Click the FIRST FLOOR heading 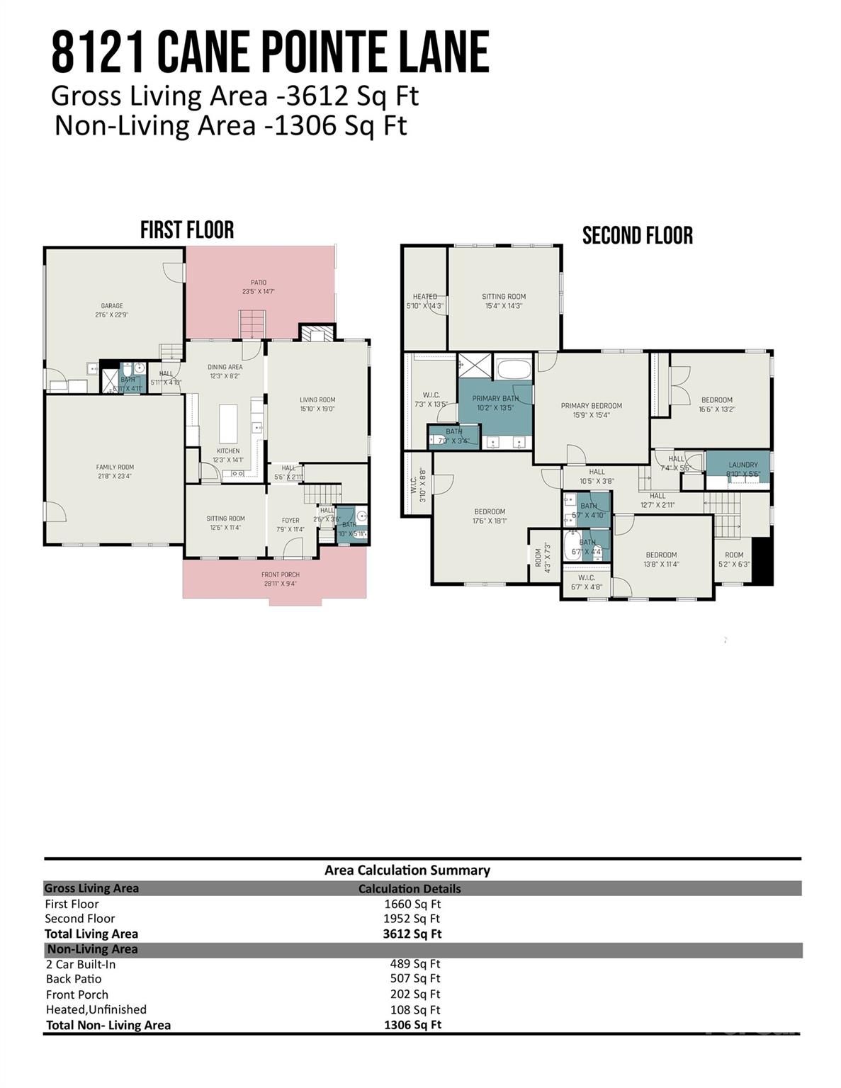tap(187, 230)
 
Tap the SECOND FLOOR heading tap(637, 236)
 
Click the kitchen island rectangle tap(228, 423)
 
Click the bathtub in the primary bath tap(513, 369)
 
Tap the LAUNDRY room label tap(743, 465)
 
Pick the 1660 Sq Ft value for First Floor tap(412, 904)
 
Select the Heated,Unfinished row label tap(96, 1009)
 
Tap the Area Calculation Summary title tap(407, 870)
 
